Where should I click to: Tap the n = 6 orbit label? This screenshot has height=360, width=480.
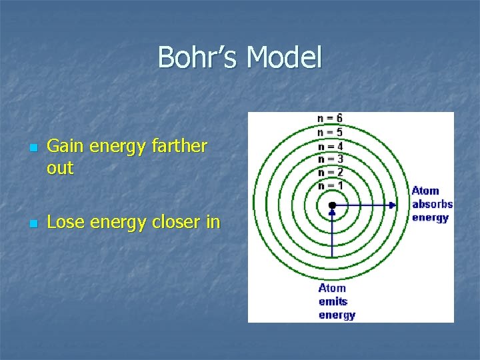[330, 118]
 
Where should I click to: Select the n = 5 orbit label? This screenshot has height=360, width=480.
[330, 131]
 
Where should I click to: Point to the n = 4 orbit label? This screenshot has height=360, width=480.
[330, 145]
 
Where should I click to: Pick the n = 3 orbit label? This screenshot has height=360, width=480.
[330, 159]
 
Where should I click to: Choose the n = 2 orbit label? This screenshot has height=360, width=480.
[330, 172]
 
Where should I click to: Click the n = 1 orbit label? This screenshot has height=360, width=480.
[330, 185]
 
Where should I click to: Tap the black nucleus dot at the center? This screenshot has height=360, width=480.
[332, 205]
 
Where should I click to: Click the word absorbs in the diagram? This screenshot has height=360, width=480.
[432, 204]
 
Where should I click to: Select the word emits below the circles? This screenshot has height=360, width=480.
[333, 301]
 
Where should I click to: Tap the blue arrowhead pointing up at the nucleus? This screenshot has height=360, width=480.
[332, 213]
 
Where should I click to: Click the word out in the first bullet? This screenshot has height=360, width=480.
[60, 169]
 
